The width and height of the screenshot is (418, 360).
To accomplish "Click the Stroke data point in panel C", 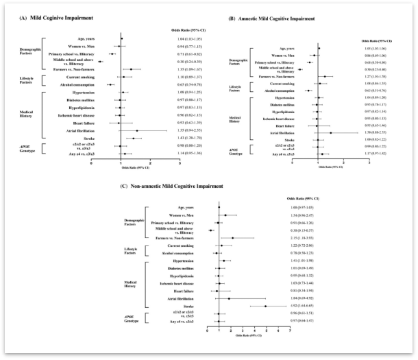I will [x=265, y=306].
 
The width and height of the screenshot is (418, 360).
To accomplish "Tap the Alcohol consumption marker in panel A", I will [x=110, y=84].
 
